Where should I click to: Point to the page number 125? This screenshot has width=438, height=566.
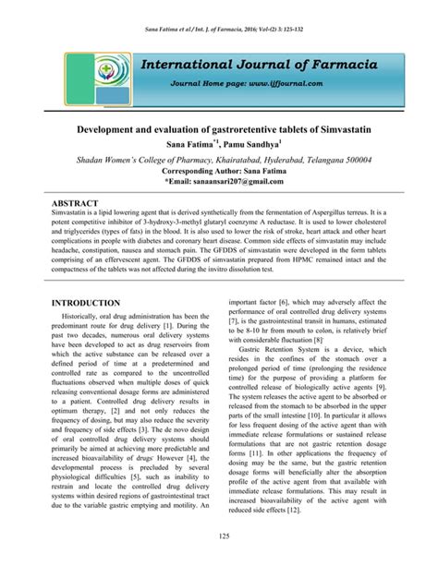point(219,536)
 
